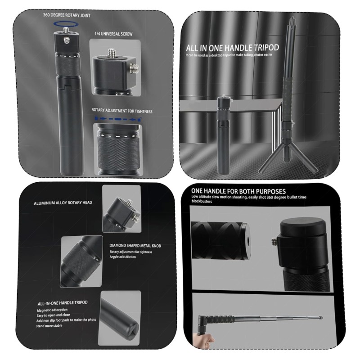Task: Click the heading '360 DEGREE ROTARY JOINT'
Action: [67, 15]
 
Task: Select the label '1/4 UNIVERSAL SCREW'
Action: [113, 34]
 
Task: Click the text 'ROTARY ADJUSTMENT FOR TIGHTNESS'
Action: [122, 111]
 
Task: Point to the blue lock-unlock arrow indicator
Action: [118, 119]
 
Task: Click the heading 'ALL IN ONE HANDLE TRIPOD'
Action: [232, 48]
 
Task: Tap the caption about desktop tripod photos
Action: [229, 55]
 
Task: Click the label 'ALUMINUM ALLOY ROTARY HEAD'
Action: [63, 203]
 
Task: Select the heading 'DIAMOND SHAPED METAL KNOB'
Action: [135, 246]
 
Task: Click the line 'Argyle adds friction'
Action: [122, 256]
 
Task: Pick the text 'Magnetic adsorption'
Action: [52, 310]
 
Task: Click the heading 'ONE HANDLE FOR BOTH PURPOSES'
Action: [238, 191]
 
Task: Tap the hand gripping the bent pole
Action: [203, 339]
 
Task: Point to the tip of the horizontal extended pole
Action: [321, 318]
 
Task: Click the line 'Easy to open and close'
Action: [53, 315]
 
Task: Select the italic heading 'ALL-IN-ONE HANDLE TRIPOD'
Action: [63, 303]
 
